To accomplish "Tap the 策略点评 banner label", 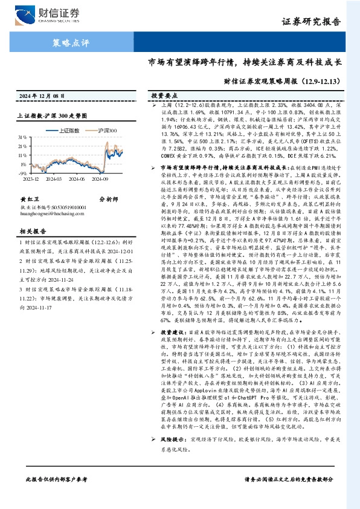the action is click(68, 43).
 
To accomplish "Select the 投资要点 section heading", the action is click(165, 96).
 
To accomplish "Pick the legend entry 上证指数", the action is click(67, 130).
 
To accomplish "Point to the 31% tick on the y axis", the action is click(29, 138).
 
